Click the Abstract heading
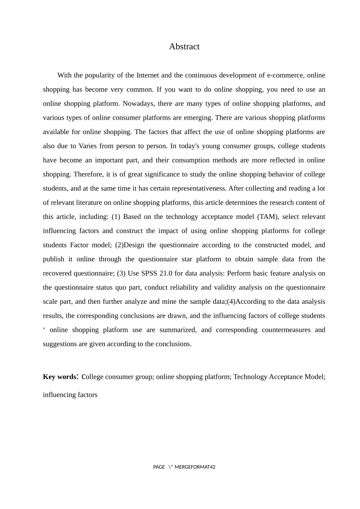(184, 47)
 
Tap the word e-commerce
(285, 75)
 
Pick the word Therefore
(87, 174)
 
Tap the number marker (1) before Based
(116, 217)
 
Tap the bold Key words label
(60, 377)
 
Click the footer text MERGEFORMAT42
(195, 467)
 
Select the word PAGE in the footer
(159, 467)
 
